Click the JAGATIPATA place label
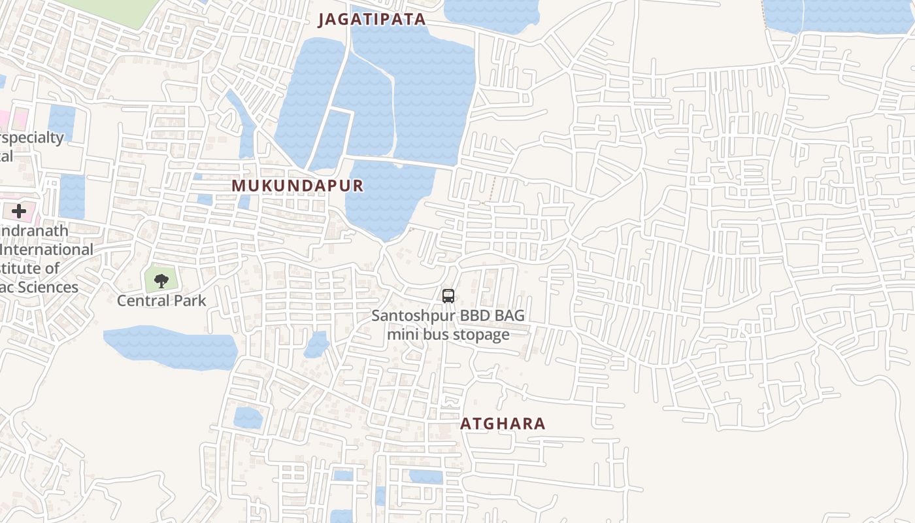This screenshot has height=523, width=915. pyautogui.click(x=372, y=20)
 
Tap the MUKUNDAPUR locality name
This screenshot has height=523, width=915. pyautogui.click(x=297, y=186)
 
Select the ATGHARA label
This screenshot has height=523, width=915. pyautogui.click(x=503, y=424)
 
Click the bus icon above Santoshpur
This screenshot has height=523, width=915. pyautogui.click(x=448, y=295)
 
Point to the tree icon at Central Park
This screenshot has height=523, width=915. pyautogui.click(x=161, y=281)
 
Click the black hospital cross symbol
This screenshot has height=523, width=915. pyautogui.click(x=19, y=211)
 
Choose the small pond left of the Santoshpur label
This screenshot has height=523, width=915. pyautogui.click(x=317, y=345)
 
